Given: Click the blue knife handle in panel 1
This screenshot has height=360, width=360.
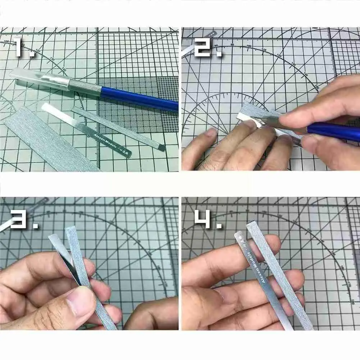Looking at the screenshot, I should click(140, 98).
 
